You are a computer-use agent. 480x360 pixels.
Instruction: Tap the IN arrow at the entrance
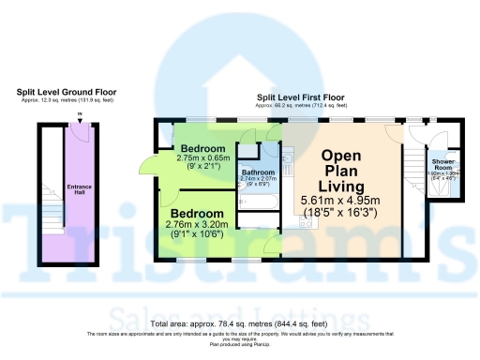click(x=80, y=116)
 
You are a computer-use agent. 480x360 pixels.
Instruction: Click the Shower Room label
click(x=442, y=163)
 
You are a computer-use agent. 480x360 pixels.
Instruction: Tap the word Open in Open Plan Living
click(x=342, y=156)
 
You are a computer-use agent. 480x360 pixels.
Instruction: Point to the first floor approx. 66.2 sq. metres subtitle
click(x=300, y=106)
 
